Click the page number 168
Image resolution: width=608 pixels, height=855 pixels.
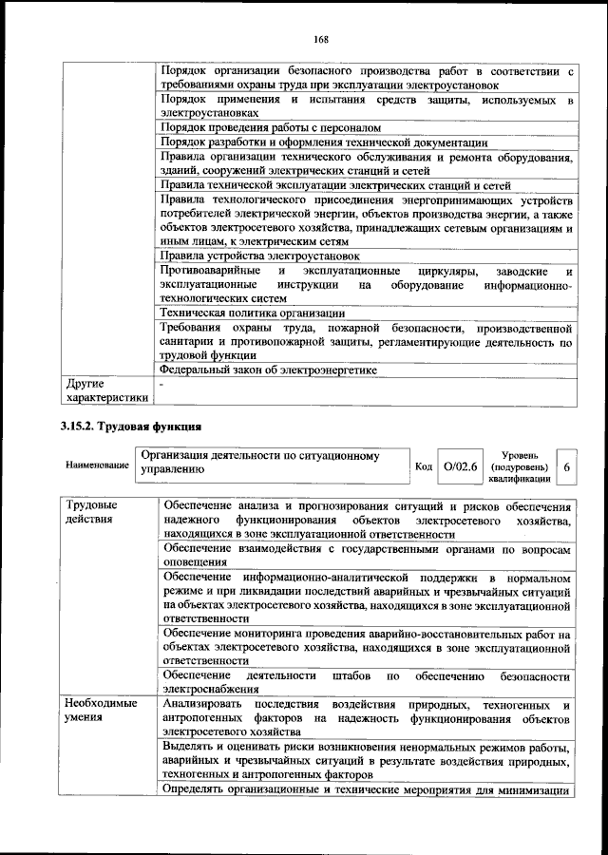(321, 39)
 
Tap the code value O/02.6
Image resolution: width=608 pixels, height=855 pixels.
(462, 466)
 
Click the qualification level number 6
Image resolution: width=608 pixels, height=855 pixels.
(566, 466)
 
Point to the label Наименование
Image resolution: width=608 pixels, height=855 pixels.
(97, 466)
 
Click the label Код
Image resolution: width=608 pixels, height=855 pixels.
(425, 466)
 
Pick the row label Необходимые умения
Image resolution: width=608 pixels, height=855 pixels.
(102, 712)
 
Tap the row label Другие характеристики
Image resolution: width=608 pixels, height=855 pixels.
(106, 391)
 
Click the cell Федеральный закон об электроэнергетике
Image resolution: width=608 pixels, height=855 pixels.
(269, 370)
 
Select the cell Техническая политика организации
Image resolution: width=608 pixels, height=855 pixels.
(252, 313)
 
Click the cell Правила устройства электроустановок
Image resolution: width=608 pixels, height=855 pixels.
(259, 256)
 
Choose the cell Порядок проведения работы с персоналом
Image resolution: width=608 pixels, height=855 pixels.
(270, 126)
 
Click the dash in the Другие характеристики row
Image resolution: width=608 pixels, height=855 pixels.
(162, 385)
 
